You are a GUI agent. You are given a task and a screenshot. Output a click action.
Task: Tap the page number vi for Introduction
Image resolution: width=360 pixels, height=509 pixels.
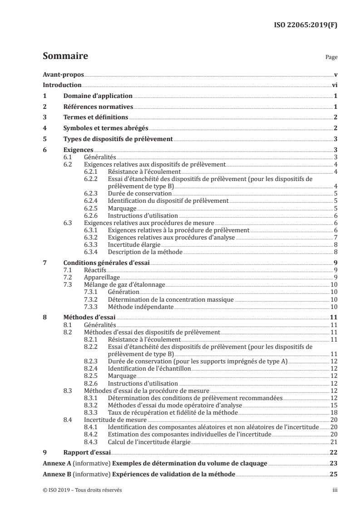pyautogui.click(x=334, y=85)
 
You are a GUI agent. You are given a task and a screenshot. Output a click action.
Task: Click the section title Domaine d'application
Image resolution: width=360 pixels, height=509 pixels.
pyautogui.click(x=97, y=96)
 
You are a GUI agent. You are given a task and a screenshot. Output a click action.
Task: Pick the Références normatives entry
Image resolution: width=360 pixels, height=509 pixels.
pyautogui.click(x=98, y=107)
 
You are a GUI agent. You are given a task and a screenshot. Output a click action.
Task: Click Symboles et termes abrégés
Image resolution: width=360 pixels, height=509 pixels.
pyautogui.click(x=105, y=128)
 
